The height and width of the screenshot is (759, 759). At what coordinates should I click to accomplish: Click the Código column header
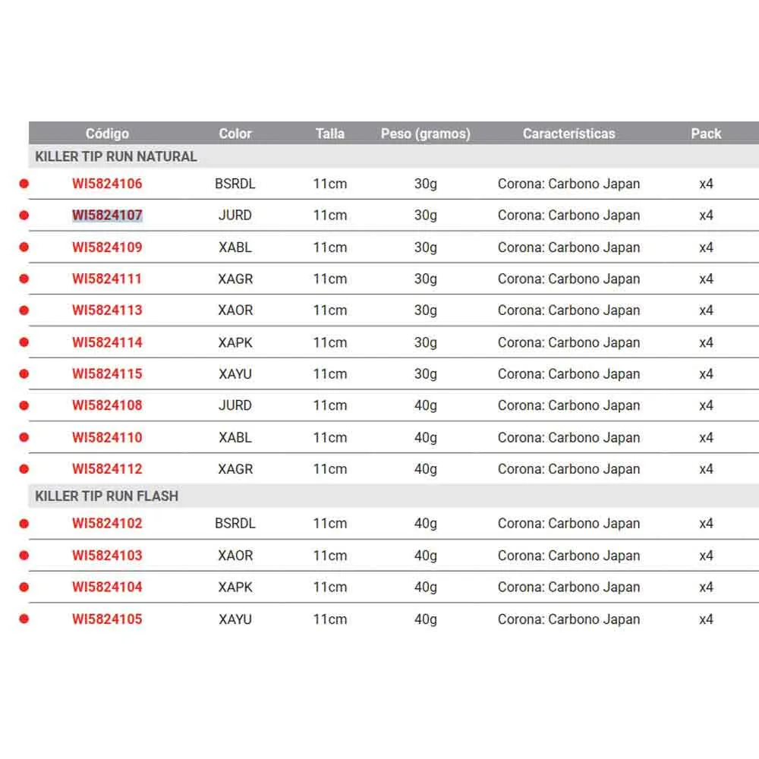pos(107,134)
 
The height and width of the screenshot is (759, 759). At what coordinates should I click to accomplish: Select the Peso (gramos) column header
pos(425,134)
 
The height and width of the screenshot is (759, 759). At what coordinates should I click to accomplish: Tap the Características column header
pos(568,134)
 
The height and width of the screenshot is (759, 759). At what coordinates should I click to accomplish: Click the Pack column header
pos(706,134)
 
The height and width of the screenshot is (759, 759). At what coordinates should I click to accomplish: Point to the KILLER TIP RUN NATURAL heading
pos(116,156)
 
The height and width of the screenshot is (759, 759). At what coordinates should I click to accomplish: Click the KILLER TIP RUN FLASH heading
pos(107,496)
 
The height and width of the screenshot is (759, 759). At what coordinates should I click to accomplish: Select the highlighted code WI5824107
pos(107,216)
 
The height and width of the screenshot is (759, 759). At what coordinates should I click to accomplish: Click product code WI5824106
pos(107,184)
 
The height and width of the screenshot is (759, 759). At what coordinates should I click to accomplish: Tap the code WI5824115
pos(107,374)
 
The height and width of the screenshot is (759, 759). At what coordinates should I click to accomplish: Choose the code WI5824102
pos(107,524)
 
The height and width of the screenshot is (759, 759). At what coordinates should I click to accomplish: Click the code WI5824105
pos(107,619)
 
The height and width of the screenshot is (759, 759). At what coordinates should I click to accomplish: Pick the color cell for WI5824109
pos(235,247)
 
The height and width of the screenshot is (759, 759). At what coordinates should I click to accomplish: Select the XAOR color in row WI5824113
pos(235,310)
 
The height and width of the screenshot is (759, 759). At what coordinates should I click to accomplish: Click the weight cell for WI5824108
pos(426,405)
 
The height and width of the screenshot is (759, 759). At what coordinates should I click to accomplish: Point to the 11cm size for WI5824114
pos(330,342)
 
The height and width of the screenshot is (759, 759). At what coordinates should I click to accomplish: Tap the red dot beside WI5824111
pos(24,279)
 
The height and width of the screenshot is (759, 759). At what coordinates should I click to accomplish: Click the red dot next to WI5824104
pos(24,587)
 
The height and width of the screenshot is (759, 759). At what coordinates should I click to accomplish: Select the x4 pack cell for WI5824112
pos(706,469)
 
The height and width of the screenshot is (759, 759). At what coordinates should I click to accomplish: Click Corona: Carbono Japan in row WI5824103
pos(568,556)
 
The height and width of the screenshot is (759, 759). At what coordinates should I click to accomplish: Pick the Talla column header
pos(330,134)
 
